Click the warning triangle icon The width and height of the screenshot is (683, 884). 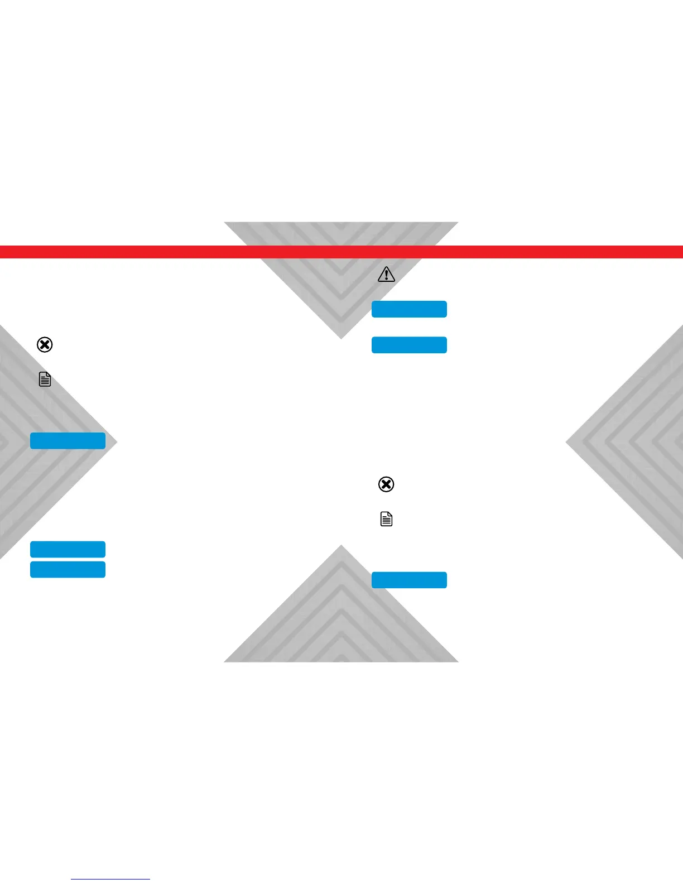click(386, 275)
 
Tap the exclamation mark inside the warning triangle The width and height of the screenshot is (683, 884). click(386, 276)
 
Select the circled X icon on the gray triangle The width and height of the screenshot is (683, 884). click(45, 345)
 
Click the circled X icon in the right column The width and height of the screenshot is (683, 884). click(386, 484)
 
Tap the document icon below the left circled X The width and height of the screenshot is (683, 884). click(45, 379)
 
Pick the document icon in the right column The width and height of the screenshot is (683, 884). click(386, 519)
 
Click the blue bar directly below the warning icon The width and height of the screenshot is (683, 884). click(409, 309)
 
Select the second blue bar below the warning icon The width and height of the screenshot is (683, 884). click(409, 345)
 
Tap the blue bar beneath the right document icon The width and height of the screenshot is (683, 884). click(409, 580)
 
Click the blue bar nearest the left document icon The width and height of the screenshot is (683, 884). click(68, 441)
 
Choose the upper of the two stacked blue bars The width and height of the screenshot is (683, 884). click(68, 549)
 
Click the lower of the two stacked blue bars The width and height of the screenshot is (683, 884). click(68, 569)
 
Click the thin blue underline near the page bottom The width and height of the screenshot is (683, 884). click(110, 879)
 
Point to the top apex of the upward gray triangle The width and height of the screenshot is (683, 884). click(341, 546)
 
